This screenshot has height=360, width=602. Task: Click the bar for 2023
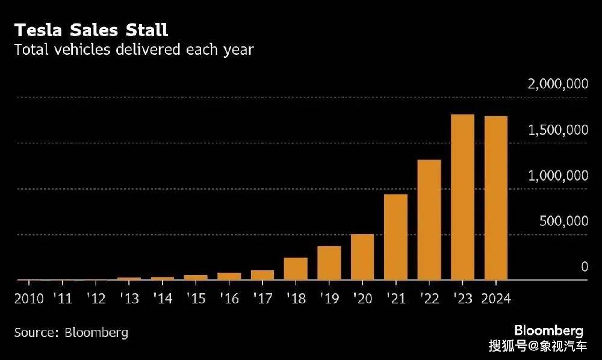[462, 197]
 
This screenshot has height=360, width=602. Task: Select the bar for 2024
[496, 198]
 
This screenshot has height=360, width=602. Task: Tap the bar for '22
[429, 220]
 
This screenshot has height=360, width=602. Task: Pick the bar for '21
[396, 237]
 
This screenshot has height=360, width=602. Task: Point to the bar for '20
[362, 257]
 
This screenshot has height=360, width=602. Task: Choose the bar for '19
[329, 263]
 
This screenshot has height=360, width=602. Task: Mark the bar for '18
[296, 269]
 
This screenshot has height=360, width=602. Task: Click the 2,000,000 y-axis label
[558, 84]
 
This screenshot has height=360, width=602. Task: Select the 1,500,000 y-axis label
[558, 130]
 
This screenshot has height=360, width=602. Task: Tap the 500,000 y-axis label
[563, 221]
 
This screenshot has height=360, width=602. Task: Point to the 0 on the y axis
[585, 266]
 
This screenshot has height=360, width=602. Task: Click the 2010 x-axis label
[29, 299]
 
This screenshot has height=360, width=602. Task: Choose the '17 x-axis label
[263, 298]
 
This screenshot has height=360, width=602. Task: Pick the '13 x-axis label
[129, 298]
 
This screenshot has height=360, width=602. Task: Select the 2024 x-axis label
[496, 299]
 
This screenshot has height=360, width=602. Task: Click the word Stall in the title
[147, 30]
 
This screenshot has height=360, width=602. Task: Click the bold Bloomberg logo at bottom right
[548, 331]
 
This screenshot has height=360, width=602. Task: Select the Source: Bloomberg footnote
[71, 332]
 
